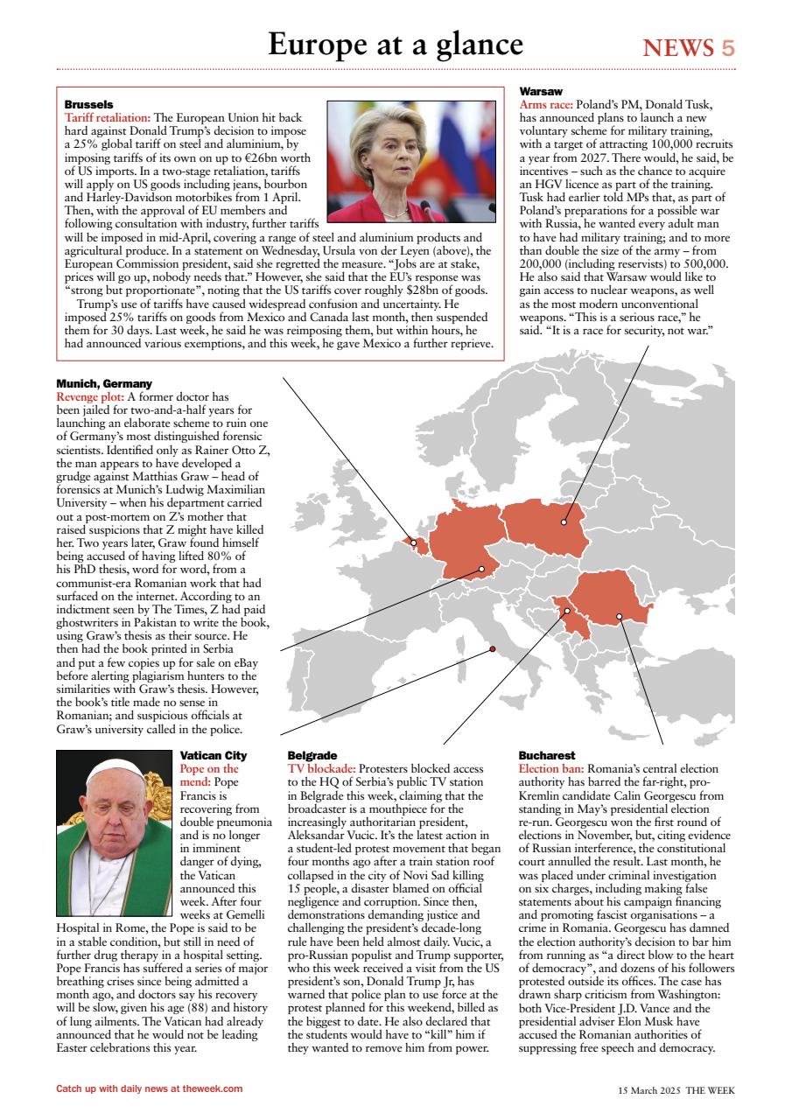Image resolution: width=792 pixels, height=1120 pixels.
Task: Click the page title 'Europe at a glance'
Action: click(396, 44)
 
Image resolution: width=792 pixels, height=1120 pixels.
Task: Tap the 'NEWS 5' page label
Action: click(689, 48)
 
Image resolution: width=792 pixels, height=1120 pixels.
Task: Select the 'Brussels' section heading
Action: click(88, 104)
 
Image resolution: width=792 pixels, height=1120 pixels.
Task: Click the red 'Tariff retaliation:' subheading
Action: click(108, 116)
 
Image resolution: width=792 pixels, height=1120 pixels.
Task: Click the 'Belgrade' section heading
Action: click(312, 754)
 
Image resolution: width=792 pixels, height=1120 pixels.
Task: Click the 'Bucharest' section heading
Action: click(546, 754)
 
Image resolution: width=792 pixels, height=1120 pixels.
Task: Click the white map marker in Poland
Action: click(564, 522)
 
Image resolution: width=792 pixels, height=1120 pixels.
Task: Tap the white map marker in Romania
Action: click(619, 616)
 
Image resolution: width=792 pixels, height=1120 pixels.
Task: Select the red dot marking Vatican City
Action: click(493, 648)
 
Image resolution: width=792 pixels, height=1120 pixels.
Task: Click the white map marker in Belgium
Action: click(414, 542)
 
